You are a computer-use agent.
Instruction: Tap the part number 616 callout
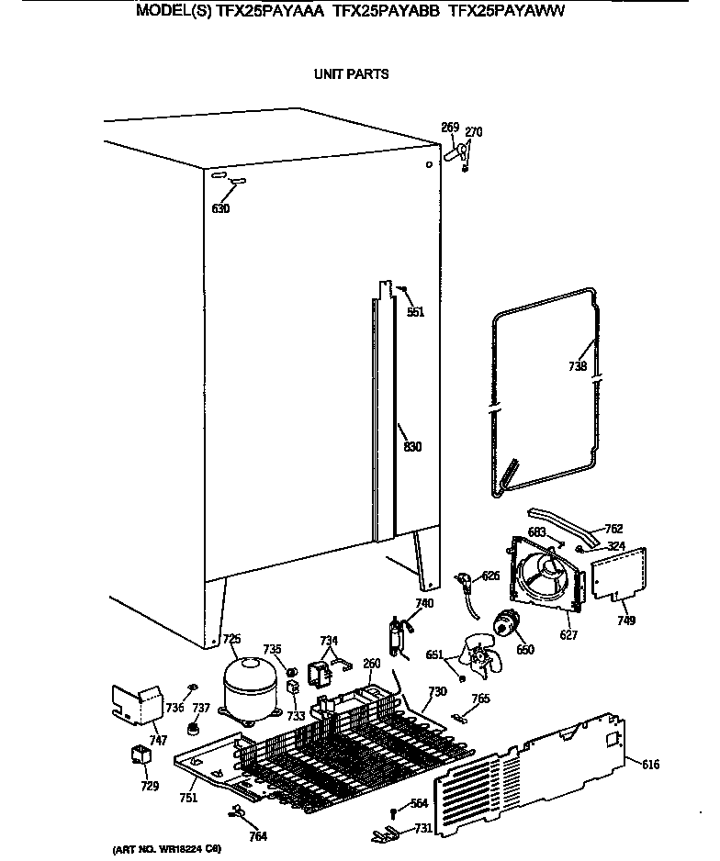(650, 765)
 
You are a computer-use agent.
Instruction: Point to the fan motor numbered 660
(506, 627)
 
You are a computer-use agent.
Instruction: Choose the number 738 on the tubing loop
(577, 366)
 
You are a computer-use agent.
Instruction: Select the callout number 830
(412, 447)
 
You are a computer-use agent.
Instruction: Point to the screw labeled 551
(402, 290)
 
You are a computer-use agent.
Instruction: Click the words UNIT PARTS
(352, 74)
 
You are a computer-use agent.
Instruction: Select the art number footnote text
(165, 850)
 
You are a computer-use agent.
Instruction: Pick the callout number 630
(220, 208)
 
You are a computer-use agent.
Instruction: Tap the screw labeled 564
(394, 811)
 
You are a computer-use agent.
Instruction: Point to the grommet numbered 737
(194, 730)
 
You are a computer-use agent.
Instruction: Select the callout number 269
(450, 127)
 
